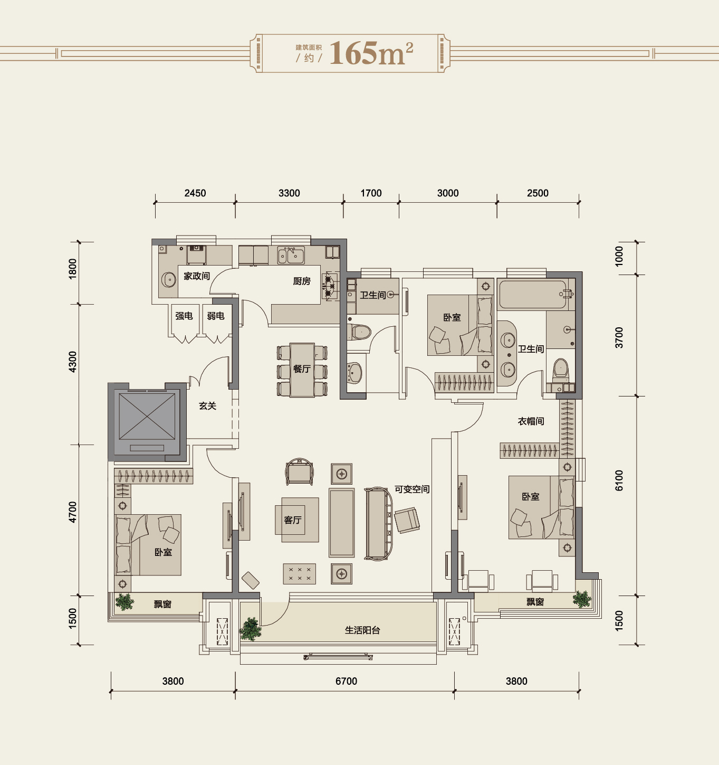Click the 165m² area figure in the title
[371, 53]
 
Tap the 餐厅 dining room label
[302, 369]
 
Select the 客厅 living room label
[293, 520]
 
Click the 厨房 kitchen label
[302, 281]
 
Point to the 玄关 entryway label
[208, 405]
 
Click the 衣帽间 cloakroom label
[531, 421]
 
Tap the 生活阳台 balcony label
[362, 630]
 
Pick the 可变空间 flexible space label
[412, 489]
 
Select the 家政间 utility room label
[197, 276]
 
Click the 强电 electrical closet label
[184, 316]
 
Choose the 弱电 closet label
[216, 316]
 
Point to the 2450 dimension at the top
[195, 193]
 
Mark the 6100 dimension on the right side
[619, 480]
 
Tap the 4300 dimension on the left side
[72, 362]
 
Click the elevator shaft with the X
[147, 422]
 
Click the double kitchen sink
[291, 256]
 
